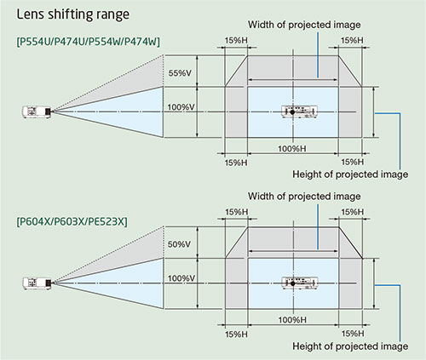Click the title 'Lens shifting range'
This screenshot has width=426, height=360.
coord(73,14)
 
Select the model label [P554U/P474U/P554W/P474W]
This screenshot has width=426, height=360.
coord(89,42)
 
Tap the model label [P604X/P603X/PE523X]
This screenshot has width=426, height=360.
coord(72,221)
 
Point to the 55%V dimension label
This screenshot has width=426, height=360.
coord(180,73)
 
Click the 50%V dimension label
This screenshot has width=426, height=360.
coord(179,244)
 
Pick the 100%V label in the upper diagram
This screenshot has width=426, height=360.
coord(181,107)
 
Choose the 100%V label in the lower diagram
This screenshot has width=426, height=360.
coord(181,278)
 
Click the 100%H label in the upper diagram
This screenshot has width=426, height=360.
coord(292,148)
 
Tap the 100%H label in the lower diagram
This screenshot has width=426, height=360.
coord(292,320)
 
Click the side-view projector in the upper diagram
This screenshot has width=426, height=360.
coord(37,111)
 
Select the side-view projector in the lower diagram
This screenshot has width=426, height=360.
coord(37,283)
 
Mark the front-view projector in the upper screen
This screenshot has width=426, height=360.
coord(299,111)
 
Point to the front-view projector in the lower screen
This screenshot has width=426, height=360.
coord(299,283)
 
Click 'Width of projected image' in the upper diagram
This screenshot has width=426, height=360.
coord(304,25)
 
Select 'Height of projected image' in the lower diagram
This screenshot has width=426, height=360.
coord(350,346)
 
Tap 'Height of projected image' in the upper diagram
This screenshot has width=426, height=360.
coord(350,174)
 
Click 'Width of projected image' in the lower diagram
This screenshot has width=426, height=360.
coord(304,197)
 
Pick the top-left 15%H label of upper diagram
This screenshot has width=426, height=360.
coord(236,41)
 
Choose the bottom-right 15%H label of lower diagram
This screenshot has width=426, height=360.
coord(353,334)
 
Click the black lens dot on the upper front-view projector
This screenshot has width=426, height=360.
coord(292,112)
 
